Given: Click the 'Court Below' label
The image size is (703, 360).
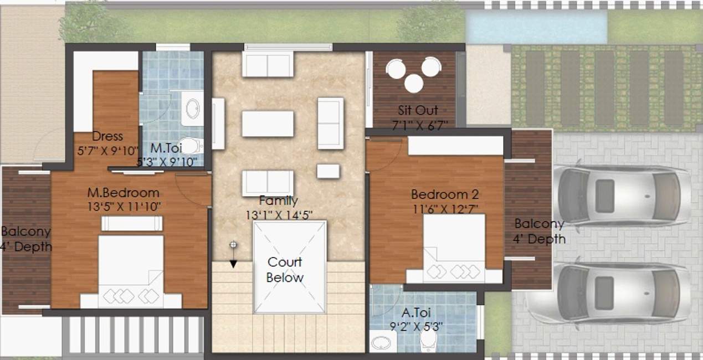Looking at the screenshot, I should (285, 269).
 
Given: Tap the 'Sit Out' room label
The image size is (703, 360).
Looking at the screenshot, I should (418, 110).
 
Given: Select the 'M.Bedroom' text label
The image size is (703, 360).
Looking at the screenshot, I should (124, 193).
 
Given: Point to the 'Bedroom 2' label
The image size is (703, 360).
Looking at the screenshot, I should (445, 194).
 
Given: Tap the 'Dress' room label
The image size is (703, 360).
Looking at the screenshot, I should (107, 136).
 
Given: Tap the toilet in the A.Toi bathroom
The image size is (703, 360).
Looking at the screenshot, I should (429, 341).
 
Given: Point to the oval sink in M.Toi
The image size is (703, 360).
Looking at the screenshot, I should (192, 109).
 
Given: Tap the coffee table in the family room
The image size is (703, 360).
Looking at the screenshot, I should (268, 124).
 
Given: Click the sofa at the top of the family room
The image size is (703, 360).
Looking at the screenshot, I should (268, 64).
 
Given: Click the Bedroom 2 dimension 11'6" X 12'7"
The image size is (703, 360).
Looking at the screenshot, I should (445, 209).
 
